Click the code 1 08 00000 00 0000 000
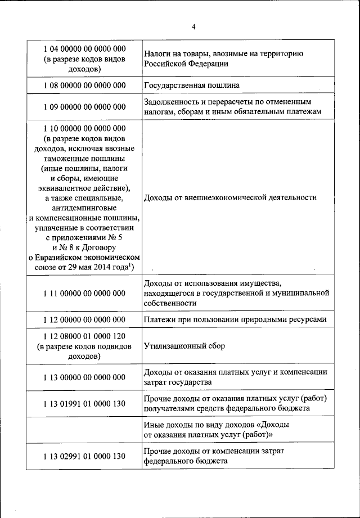[84, 86]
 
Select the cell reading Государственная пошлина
[192, 86]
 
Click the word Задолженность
[170, 102]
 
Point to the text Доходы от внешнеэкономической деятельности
[230, 197]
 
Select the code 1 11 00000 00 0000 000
[84, 293]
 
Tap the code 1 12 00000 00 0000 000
[84, 320]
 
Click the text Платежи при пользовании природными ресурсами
[235, 320]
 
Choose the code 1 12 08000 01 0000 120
[84, 336]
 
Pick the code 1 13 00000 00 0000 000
[84, 377]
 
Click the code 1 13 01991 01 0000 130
[84, 403]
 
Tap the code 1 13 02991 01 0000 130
[84, 456]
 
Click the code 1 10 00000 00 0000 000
[84, 128]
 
